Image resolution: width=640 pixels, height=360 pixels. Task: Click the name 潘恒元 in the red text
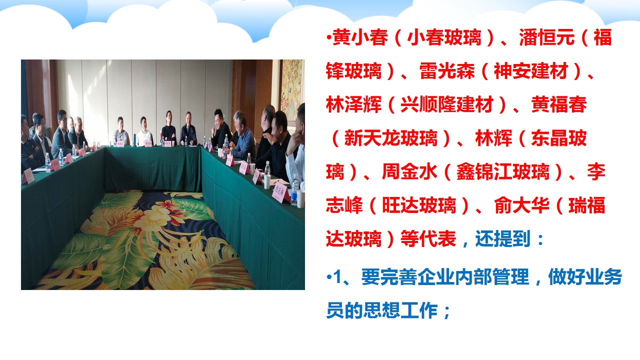(x=546, y=37)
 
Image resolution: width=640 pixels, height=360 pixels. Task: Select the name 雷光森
(x=447, y=71)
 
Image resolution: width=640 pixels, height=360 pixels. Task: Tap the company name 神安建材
(x=531, y=71)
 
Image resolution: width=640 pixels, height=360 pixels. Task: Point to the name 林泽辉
(x=353, y=104)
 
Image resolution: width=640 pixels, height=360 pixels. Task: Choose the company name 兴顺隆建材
(x=447, y=104)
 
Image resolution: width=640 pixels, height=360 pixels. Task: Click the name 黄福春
(x=559, y=104)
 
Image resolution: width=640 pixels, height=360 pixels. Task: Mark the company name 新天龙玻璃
(x=391, y=138)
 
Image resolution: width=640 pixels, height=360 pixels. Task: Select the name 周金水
(x=409, y=171)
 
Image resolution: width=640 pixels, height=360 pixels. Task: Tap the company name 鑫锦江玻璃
(x=503, y=171)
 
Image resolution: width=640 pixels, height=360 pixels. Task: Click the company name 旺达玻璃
(x=419, y=205)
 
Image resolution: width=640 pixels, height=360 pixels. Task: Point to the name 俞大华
(x=521, y=205)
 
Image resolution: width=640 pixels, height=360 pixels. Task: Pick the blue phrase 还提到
(x=503, y=239)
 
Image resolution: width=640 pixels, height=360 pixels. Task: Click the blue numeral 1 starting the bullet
(x=337, y=277)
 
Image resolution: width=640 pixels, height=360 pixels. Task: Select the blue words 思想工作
(x=400, y=310)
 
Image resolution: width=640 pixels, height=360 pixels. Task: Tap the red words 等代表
(x=428, y=239)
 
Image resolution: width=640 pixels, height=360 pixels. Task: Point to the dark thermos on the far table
(x=134, y=140)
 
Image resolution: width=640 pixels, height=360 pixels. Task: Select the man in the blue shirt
(x=242, y=135)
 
